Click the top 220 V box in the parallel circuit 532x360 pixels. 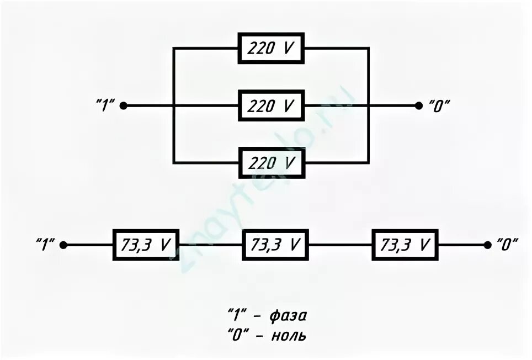pyautogui.click(x=271, y=49)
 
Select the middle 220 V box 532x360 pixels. pyautogui.click(x=271, y=105)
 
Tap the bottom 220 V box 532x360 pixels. pyautogui.click(x=271, y=163)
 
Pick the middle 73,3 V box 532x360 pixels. pyautogui.click(x=275, y=245)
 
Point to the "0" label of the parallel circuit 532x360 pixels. pyautogui.click(x=439, y=105)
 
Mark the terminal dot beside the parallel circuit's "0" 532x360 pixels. pyautogui.click(x=419, y=105)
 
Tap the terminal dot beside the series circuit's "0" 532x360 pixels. pyautogui.click(x=487, y=245)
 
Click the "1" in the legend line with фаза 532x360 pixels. pyautogui.click(x=237, y=316)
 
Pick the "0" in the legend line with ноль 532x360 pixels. pyautogui.click(x=237, y=335)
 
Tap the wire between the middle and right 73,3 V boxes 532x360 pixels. pyautogui.click(x=341, y=245)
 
